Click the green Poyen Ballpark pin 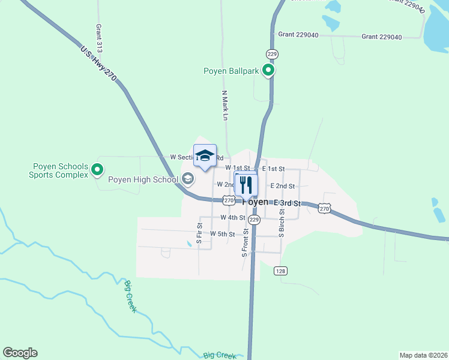[x=268, y=71]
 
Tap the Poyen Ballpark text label [x=231, y=71]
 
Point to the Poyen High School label [x=143, y=179]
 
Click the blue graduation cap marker [x=205, y=155]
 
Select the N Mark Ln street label [x=225, y=107]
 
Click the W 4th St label [x=232, y=217]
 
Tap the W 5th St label [x=222, y=233]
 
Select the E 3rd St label [x=286, y=203]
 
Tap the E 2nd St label [x=282, y=186]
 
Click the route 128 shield [x=280, y=271]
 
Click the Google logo [x=20, y=353]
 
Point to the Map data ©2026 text [x=424, y=355]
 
